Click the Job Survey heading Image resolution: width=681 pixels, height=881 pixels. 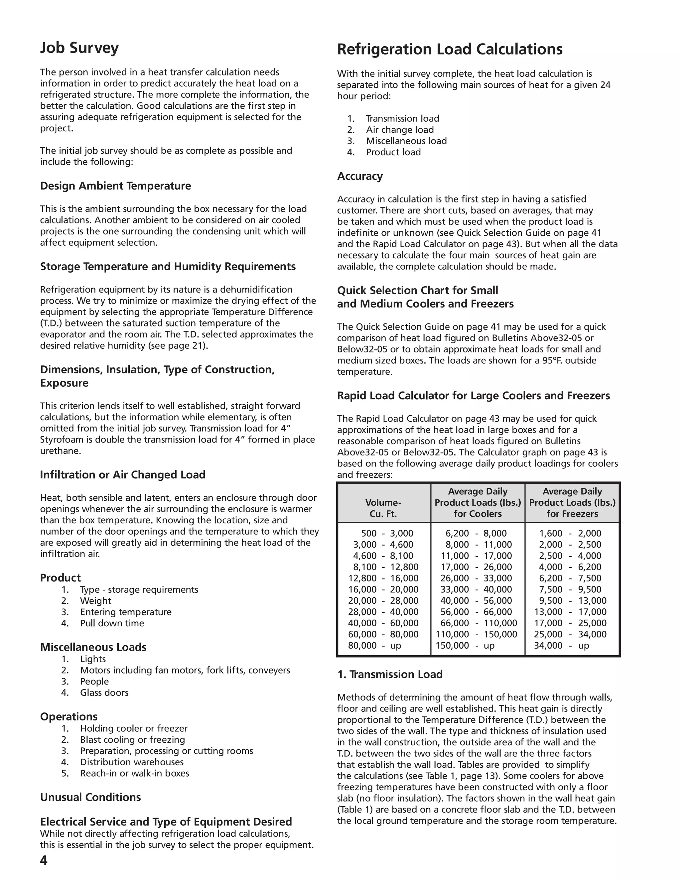(79, 48)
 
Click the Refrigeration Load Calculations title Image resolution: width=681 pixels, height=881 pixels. (450, 49)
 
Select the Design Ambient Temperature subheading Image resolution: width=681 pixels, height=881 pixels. (115, 186)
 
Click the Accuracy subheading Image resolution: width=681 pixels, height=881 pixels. (359, 176)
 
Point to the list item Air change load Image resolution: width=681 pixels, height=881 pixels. (399, 130)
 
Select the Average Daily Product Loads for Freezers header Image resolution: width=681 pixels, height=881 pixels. (572, 503)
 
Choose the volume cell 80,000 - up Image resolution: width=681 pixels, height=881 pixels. (375, 645)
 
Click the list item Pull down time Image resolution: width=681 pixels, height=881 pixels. (112, 623)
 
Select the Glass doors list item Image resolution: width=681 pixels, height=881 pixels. (104, 692)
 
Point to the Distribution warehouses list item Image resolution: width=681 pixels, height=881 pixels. (132, 762)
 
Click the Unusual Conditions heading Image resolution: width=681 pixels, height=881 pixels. (90, 798)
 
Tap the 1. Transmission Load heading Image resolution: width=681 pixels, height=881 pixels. (390, 675)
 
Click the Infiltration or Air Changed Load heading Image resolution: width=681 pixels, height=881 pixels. (123, 475)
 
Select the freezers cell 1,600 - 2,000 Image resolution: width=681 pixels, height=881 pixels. (570, 533)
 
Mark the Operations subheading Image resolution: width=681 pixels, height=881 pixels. (68, 717)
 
